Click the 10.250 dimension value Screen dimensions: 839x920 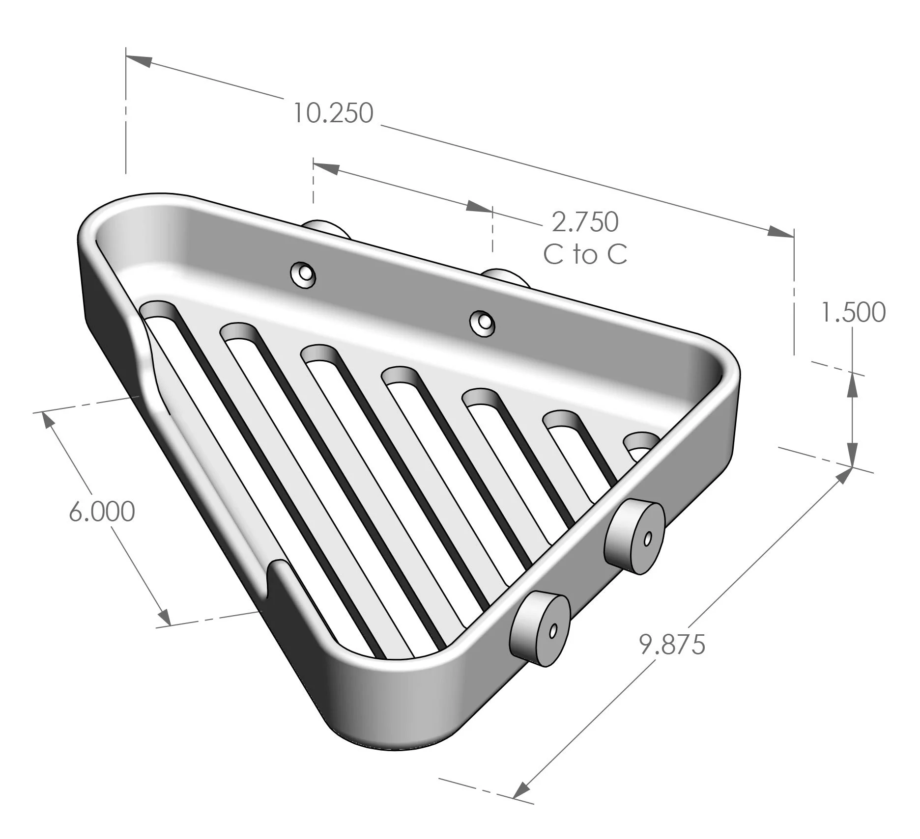333,113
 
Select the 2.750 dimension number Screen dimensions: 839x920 585,222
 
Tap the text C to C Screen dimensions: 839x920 585,254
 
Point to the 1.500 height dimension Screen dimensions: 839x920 854,313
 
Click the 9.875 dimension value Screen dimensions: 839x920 672,645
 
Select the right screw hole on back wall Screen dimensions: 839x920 482,323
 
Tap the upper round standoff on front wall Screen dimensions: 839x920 635,537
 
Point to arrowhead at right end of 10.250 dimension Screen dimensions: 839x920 780,231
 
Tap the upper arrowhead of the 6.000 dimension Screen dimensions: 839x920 47,420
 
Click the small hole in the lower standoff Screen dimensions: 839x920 554,630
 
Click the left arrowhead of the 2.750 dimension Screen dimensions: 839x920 326,168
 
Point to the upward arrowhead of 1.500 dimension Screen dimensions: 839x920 853,386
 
